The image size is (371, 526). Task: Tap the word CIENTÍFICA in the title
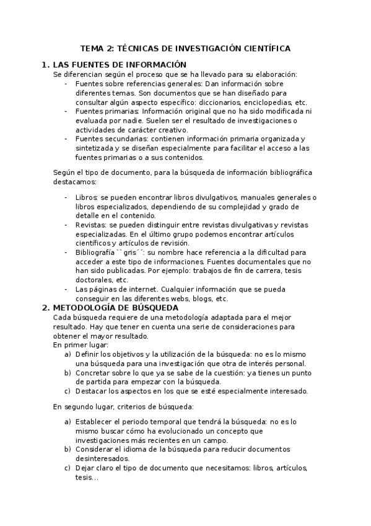(263, 48)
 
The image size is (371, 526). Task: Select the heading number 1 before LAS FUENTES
(44, 65)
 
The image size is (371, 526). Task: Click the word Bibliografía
(94, 252)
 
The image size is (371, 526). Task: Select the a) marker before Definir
(68, 354)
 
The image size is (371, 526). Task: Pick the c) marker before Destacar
(68, 391)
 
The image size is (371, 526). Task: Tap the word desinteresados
(103, 458)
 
